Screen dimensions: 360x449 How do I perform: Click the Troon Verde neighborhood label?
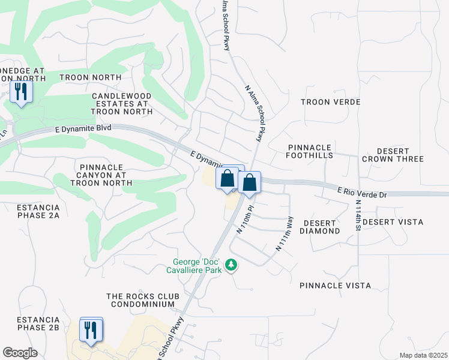[330, 102]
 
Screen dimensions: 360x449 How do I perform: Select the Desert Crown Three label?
[393, 155]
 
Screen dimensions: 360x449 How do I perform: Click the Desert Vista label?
[393, 222]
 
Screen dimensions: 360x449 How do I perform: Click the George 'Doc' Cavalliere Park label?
[197, 266]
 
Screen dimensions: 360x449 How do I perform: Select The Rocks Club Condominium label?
[140, 300]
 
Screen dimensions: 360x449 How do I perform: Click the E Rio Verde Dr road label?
[363, 192]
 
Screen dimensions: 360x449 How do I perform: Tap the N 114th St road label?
[358, 212]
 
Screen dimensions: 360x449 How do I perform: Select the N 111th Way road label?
[285, 234]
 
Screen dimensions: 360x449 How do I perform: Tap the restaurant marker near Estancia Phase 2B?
[91, 330]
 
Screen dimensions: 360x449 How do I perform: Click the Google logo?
[20, 353]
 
